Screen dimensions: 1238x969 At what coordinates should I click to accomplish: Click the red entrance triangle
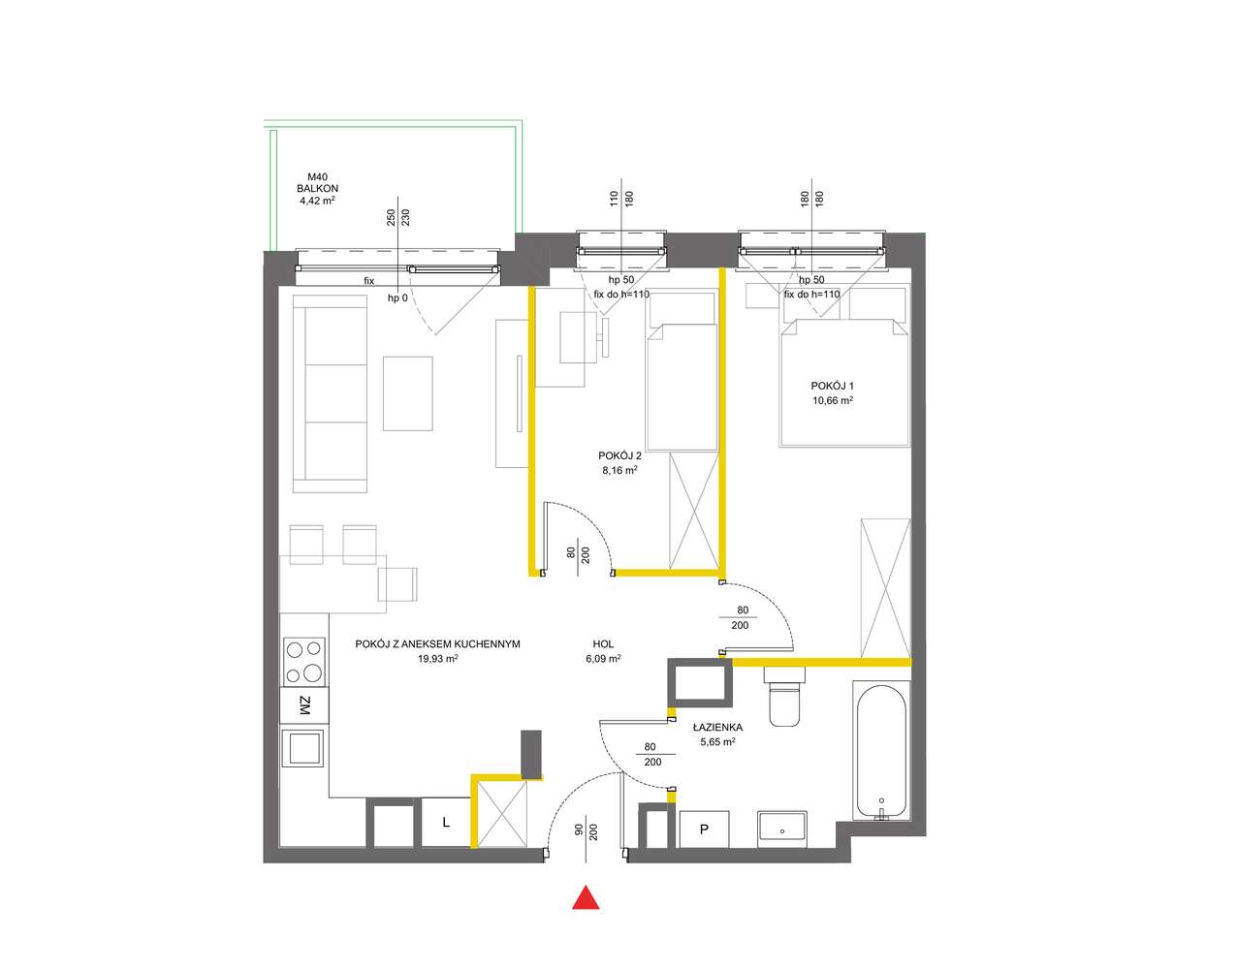coord(586,897)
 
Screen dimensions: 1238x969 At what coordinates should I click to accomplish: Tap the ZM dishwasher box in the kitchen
coord(304,706)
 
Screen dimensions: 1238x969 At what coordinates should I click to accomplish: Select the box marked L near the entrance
coord(446,822)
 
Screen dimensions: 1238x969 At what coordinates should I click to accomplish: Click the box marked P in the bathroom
coord(704,829)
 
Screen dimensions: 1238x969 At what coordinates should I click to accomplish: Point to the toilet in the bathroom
coord(784,697)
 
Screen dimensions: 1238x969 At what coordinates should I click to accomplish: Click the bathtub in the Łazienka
coord(881,751)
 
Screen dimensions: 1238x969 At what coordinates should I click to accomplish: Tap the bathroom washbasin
coord(781,826)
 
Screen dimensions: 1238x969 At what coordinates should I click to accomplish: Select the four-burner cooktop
coord(304,662)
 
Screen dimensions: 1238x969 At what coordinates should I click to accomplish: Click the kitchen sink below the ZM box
coord(304,748)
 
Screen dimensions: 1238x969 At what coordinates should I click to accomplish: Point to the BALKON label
coord(317,188)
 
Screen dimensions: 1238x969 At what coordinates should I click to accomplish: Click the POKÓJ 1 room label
coord(833,386)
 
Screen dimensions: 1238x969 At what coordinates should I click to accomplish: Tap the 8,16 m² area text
coord(619,470)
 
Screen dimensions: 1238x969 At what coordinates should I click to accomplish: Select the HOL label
coord(603,644)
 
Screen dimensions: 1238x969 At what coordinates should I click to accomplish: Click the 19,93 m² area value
coord(437,659)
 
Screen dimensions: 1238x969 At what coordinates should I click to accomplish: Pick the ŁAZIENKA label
coord(717,727)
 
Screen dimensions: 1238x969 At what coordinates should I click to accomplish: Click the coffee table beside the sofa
coord(407,393)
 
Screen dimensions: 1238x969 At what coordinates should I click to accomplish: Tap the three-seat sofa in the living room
coord(330,393)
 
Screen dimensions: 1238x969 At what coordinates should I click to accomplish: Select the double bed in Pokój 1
coord(844,382)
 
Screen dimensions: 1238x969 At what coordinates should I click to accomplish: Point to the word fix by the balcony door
coord(369,281)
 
